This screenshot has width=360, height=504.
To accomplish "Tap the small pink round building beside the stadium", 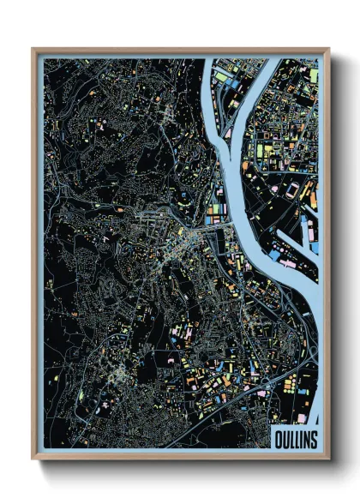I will [x=275, y=188].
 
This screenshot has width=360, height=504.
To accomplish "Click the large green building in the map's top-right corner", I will [x=313, y=75].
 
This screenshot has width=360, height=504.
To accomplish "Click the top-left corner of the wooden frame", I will [x=33, y=49].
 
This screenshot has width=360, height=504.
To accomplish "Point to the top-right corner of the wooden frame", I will [x=328, y=49].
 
